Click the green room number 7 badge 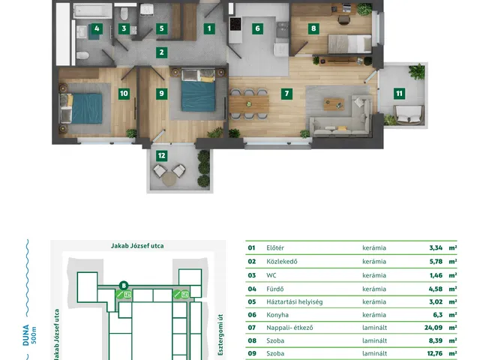click(x=286, y=94)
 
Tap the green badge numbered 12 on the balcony click(x=162, y=156)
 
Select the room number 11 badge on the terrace click(x=399, y=94)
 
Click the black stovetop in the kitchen click(x=235, y=24)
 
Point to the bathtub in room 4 click(x=93, y=11)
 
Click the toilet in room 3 click(x=124, y=13)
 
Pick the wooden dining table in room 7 click(x=249, y=104)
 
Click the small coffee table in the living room click(x=334, y=104)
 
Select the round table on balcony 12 click(x=169, y=179)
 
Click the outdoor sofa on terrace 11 click(x=409, y=115)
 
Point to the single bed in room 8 click(x=350, y=43)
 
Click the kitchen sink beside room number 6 click(x=282, y=29)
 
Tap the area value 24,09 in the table click(x=433, y=328)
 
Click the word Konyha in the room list click(x=277, y=315)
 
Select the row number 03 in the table click(x=252, y=275)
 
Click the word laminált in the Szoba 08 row click(x=374, y=340)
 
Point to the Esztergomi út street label click(x=220, y=334)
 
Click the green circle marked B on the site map click(x=124, y=286)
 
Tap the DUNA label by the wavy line click(x=26, y=335)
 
